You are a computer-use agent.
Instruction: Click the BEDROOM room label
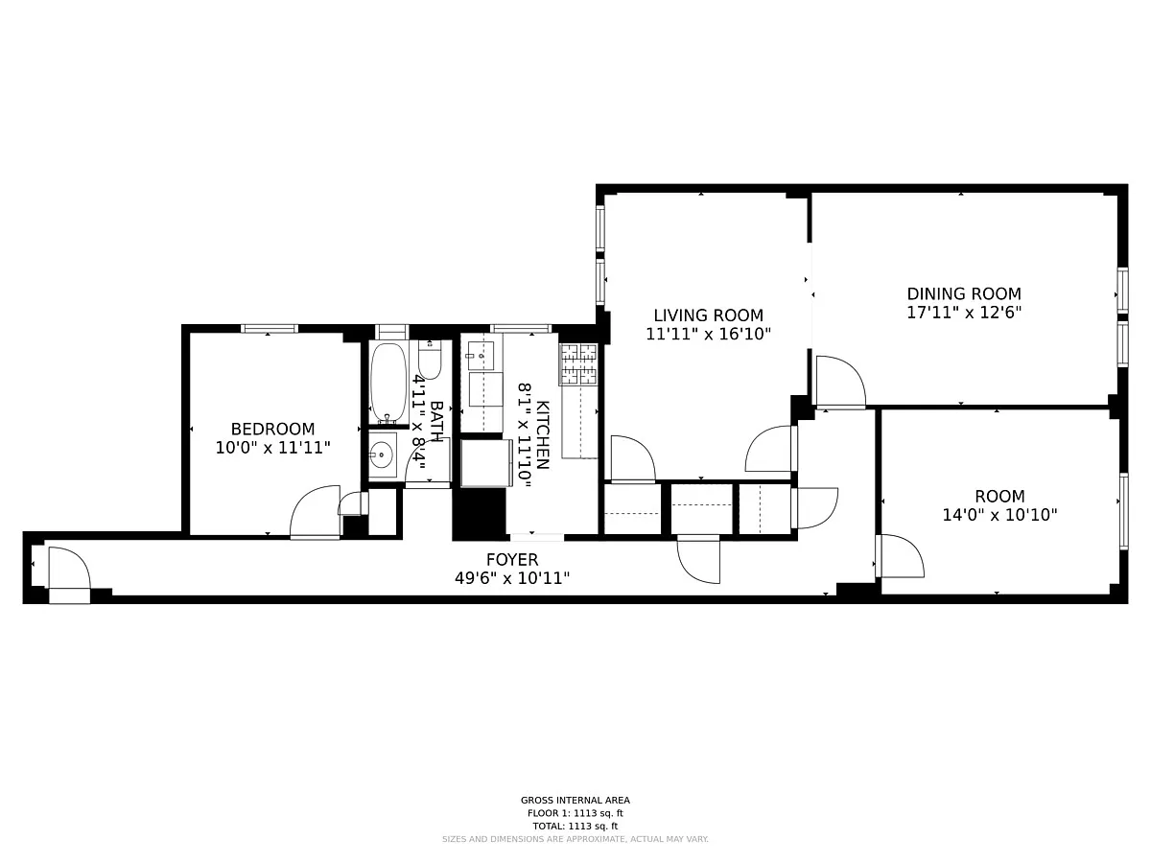[x=272, y=430]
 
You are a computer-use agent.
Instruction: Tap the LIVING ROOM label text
[x=709, y=315]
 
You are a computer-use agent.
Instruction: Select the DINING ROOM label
[x=964, y=293]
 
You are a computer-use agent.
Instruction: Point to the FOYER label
[x=512, y=560]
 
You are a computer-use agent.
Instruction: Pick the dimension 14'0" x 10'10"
[x=999, y=515]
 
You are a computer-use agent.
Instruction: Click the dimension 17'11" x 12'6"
[x=964, y=313]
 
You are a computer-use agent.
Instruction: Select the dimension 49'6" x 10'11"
[x=512, y=578]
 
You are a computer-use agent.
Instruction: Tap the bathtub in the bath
[x=388, y=383]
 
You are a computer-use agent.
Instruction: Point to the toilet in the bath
[x=430, y=360]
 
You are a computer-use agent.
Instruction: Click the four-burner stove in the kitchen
[x=578, y=364]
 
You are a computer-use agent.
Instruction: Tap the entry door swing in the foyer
[x=69, y=568]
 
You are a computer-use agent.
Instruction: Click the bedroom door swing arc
[x=315, y=511]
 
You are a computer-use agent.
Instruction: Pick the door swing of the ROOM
[x=902, y=556]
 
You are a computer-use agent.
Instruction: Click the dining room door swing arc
[x=841, y=381]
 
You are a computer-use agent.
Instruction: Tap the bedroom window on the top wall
[x=270, y=329]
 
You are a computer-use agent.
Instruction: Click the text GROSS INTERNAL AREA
[x=575, y=800]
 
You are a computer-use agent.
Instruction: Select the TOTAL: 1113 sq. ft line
[x=575, y=827]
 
